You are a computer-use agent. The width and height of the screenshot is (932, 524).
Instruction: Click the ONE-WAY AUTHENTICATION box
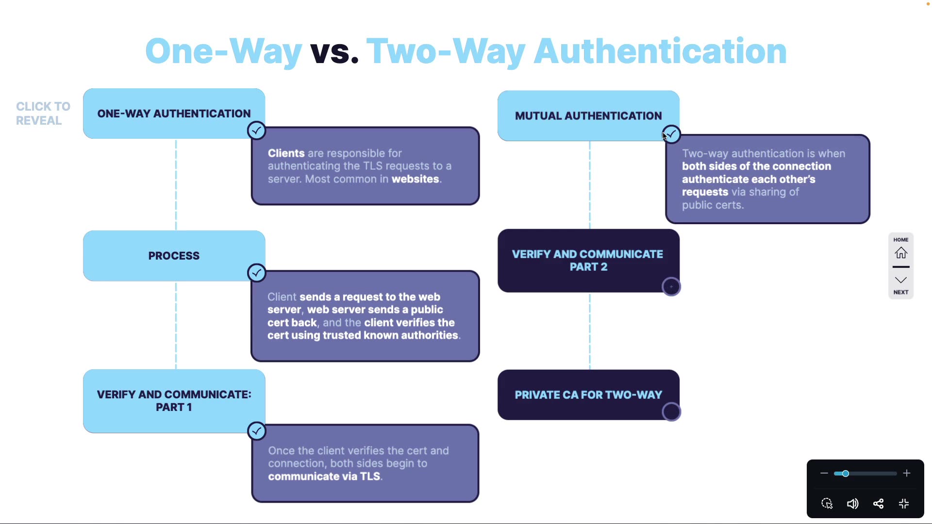174,114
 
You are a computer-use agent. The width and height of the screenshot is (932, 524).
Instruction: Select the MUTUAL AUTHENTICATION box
588,116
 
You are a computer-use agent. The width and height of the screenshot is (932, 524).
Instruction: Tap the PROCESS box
174,256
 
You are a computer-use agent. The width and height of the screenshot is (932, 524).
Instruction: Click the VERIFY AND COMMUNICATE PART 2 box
588,261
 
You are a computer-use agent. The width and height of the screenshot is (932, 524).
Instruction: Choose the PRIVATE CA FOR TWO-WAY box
588,395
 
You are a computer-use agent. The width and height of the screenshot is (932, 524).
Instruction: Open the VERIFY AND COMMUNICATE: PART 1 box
174,401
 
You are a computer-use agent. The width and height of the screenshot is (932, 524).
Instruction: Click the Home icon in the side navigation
901,253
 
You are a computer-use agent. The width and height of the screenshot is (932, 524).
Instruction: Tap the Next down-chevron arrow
901,280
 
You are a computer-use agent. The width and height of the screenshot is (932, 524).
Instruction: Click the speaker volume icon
852,504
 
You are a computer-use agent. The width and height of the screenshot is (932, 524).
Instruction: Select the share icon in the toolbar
878,504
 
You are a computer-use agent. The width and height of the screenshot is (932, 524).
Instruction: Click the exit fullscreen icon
904,504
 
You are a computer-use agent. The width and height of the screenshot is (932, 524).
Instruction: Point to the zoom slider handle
846,474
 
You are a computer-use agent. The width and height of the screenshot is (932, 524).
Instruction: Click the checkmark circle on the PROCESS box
256,273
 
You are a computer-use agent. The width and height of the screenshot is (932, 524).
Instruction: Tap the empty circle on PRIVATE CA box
671,412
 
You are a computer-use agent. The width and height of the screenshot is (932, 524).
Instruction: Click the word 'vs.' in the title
334,51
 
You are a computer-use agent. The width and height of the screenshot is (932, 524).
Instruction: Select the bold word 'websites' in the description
416,179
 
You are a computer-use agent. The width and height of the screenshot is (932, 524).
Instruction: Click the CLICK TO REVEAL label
43,114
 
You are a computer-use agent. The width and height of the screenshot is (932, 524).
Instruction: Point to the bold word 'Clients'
286,153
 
